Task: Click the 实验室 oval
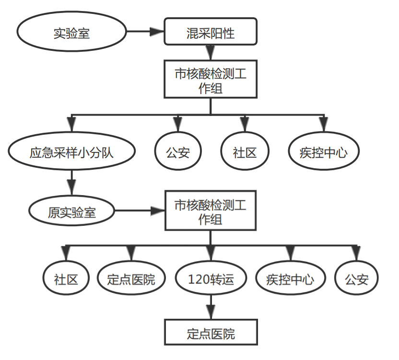[x=72, y=33]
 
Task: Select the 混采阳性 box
[x=211, y=33]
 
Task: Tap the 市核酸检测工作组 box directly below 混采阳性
[x=211, y=79]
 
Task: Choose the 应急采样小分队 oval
[x=72, y=152]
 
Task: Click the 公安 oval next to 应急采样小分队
[x=178, y=152]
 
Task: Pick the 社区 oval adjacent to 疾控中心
[x=245, y=152]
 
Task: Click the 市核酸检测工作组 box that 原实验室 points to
[x=211, y=211]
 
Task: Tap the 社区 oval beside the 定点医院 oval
[x=66, y=279]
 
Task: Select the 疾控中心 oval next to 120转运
[x=290, y=279]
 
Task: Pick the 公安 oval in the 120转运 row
[x=356, y=279]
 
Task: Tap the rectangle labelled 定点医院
[x=211, y=332]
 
